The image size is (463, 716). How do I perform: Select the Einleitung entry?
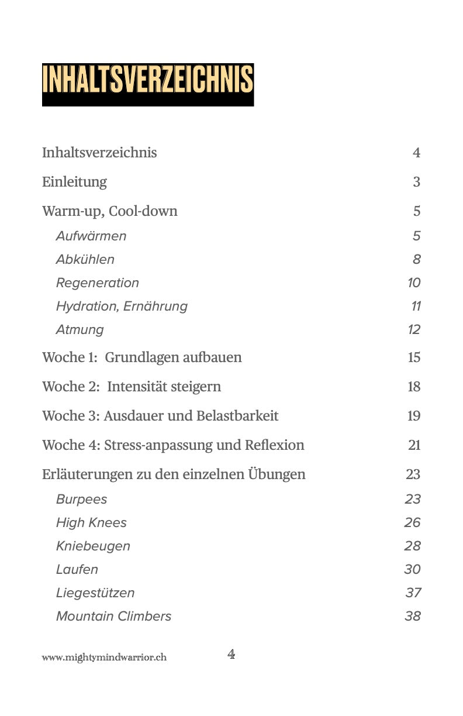pyautogui.click(x=74, y=182)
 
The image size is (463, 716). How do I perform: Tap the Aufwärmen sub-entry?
pyautogui.click(x=91, y=236)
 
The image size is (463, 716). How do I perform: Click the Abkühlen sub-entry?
pyautogui.click(x=85, y=260)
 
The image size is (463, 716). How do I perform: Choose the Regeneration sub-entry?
pyautogui.click(x=98, y=283)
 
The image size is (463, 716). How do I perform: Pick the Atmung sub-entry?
pyautogui.click(x=80, y=330)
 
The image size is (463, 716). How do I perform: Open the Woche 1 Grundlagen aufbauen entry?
pyautogui.click(x=142, y=357)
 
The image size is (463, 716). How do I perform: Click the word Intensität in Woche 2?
pyautogui.click(x=136, y=387)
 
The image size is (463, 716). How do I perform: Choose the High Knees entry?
pyautogui.click(x=91, y=523)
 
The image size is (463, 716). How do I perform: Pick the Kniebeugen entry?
pyautogui.click(x=94, y=546)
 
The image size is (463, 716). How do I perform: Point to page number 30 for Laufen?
pyautogui.click(x=412, y=570)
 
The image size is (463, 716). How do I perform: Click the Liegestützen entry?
pyautogui.click(x=95, y=593)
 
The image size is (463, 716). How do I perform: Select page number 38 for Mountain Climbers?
pyautogui.click(x=412, y=617)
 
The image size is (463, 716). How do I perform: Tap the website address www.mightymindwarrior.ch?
pyautogui.click(x=104, y=658)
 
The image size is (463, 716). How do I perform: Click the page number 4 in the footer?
pyautogui.click(x=231, y=655)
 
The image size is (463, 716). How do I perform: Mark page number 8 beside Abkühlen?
pyautogui.click(x=416, y=260)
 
